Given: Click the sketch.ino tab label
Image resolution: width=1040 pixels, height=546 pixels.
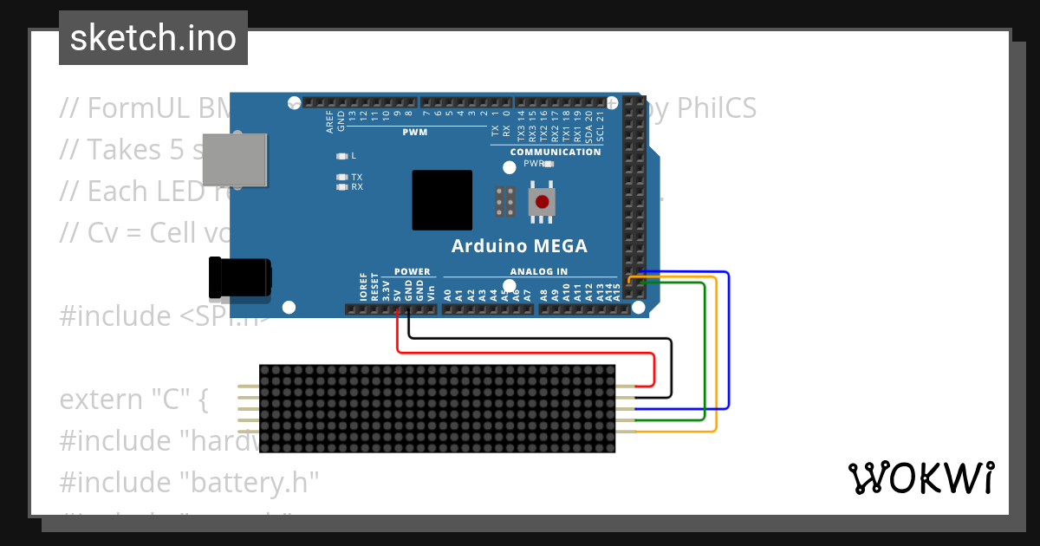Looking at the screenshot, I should pyautogui.click(x=153, y=38).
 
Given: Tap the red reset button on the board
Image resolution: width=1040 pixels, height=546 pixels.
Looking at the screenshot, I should pyautogui.click(x=543, y=202).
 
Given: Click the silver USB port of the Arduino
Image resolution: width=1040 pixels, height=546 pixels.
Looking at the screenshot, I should pyautogui.click(x=234, y=159).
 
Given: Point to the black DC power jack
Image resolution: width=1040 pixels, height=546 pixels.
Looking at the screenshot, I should pyautogui.click(x=240, y=279).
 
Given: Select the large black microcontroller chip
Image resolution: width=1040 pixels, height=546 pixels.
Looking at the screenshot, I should pyautogui.click(x=442, y=200).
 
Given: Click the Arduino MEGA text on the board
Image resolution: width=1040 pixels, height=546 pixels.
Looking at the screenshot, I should pyautogui.click(x=519, y=246).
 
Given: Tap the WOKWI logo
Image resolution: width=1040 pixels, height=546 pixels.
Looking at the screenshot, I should pyautogui.click(x=920, y=478).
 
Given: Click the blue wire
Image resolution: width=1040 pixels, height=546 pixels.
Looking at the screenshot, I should pyautogui.click(x=729, y=347).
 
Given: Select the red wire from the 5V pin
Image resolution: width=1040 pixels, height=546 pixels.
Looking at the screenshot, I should pyautogui.click(x=520, y=352).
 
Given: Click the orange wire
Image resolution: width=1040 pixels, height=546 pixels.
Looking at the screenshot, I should pyautogui.click(x=717, y=364).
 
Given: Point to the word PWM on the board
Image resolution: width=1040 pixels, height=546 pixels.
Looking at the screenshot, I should pyautogui.click(x=415, y=133).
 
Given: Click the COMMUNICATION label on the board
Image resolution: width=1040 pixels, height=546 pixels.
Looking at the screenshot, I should pyautogui.click(x=556, y=152).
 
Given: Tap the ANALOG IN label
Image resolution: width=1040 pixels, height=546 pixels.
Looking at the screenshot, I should pyautogui.click(x=539, y=271).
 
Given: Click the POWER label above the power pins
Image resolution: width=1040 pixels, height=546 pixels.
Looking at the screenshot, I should pyautogui.click(x=413, y=271).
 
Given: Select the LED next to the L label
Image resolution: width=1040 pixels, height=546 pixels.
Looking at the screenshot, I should pyautogui.click(x=341, y=156).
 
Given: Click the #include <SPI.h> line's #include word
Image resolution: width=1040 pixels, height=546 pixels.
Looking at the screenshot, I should pyautogui.click(x=115, y=315).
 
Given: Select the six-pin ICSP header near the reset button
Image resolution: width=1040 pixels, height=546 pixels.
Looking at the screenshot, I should pyautogui.click(x=506, y=202).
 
